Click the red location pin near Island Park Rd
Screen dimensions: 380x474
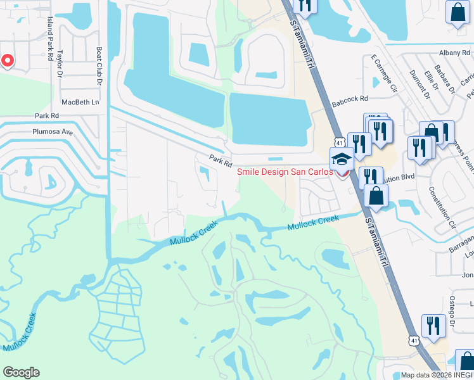[x=7, y=60]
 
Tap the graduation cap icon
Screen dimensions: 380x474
[x=341, y=158]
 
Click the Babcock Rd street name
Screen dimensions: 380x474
[x=349, y=99]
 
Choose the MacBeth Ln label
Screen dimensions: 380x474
[x=81, y=102]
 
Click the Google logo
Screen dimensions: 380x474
[x=21, y=372]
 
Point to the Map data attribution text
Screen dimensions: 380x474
[x=435, y=375]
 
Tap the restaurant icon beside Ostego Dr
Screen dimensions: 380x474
[x=434, y=326]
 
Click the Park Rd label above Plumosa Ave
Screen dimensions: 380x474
[x=46, y=116]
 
